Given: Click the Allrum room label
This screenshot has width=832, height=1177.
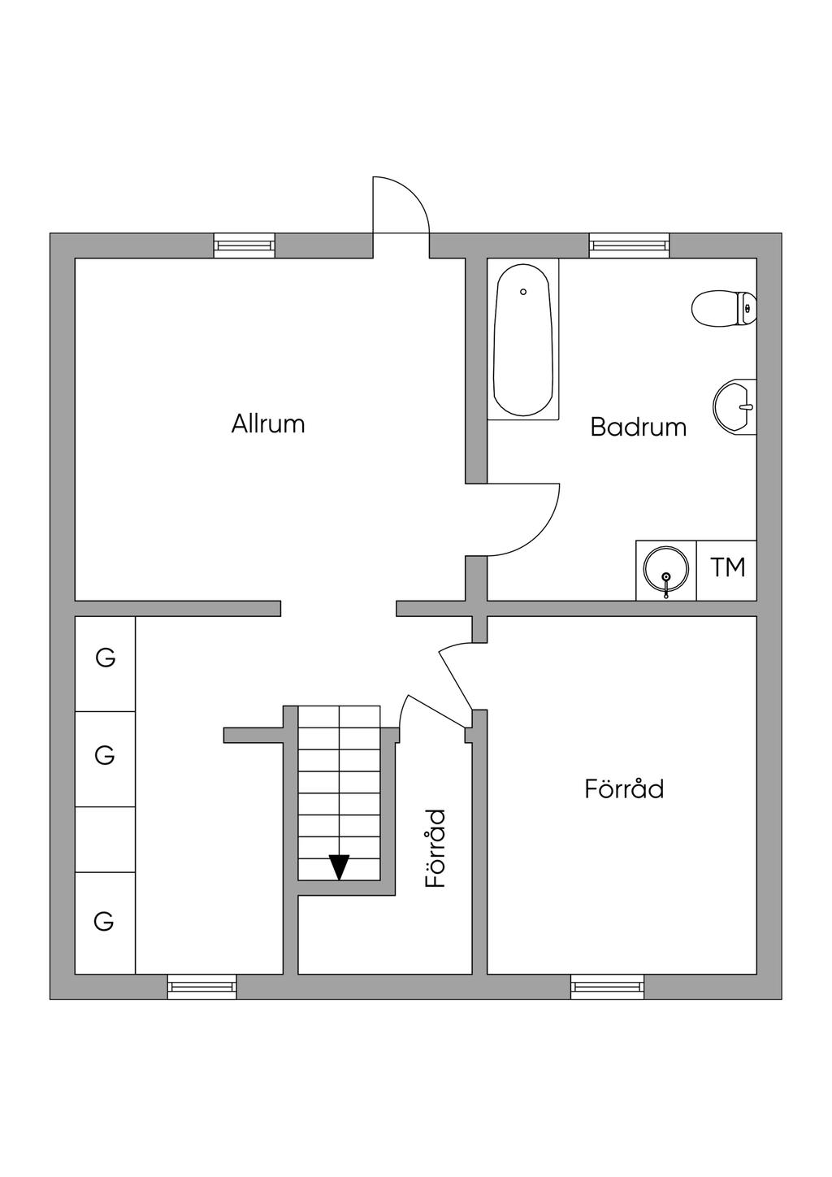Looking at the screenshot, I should [x=268, y=423].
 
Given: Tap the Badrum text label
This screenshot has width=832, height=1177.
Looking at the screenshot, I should [x=638, y=427].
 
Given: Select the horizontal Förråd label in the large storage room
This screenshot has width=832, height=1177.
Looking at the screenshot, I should [x=624, y=788].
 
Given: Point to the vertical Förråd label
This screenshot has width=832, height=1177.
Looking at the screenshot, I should [x=436, y=848].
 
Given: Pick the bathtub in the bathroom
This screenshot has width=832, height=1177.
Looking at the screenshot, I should [x=523, y=341].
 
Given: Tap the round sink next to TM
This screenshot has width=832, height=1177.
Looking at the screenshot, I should [x=666, y=569].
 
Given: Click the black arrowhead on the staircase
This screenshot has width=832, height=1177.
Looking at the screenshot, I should [x=339, y=867].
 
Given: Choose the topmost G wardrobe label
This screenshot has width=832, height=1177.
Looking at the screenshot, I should [x=106, y=658].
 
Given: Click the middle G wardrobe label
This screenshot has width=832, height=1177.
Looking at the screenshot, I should [x=105, y=756].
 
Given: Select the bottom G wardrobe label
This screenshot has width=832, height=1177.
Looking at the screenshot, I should [x=104, y=922].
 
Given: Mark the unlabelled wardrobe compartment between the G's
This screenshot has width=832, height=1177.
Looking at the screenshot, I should [x=105, y=840].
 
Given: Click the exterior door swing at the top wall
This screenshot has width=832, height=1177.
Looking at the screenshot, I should [x=400, y=207].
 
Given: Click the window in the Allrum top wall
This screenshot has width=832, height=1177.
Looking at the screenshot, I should [x=244, y=245].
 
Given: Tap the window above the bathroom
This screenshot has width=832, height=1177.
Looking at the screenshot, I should [x=630, y=245].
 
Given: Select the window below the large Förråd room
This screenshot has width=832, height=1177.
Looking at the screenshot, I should [x=608, y=987].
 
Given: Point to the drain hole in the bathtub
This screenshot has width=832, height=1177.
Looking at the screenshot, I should [x=523, y=291].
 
